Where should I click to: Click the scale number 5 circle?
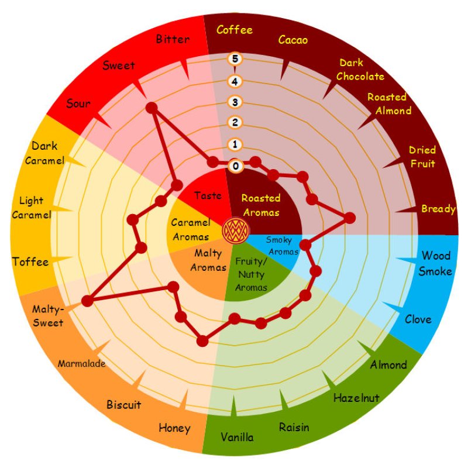[x=236, y=58]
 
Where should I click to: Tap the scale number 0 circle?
[x=236, y=166]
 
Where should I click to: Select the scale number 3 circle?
[x=236, y=102]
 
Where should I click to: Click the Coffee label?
[x=235, y=30]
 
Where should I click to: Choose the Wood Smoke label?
[x=436, y=263]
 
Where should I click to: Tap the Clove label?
[x=418, y=319]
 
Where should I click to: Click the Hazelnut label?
[x=356, y=398]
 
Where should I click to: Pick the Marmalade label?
[x=81, y=364]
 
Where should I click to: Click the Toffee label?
[x=30, y=261]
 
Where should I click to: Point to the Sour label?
[x=78, y=104]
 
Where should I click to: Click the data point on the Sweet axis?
[x=152, y=108]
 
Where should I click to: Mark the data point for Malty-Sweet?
[x=88, y=301]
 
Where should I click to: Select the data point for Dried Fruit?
[x=349, y=218]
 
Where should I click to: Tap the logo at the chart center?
[x=235, y=230]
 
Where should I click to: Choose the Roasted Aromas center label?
[x=261, y=205]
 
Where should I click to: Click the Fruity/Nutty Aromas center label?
[x=251, y=274]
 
